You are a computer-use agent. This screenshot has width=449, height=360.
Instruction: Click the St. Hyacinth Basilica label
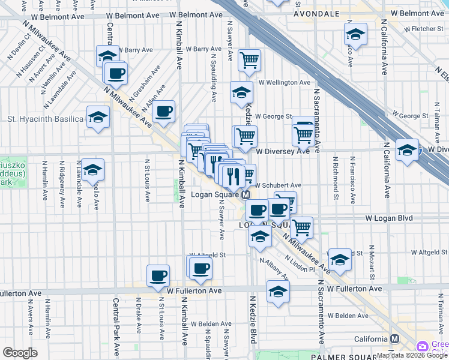[45, 119]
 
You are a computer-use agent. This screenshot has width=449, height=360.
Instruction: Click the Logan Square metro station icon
[246, 196]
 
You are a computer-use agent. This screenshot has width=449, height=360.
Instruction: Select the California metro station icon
[394, 338]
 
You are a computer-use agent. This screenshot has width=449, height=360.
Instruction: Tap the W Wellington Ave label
[285, 82]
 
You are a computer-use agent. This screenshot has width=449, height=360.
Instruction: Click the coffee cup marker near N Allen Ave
[163, 111]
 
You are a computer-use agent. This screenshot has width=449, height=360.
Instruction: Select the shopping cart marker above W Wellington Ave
[249, 60]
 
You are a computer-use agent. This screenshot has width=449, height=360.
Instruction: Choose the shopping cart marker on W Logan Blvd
[301, 227]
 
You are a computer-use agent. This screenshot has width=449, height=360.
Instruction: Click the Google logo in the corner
[20, 353]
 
